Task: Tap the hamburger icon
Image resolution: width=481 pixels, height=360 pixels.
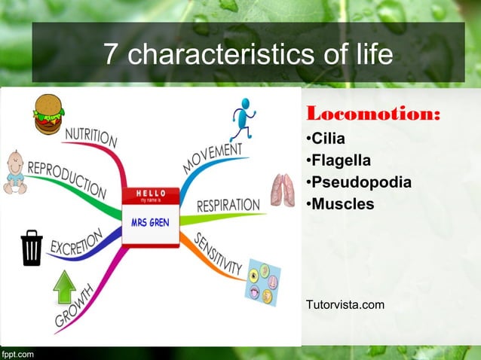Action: [49, 114]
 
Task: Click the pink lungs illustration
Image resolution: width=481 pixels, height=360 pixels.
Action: [283, 191]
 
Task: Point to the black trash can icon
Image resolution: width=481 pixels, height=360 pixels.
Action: [32, 248]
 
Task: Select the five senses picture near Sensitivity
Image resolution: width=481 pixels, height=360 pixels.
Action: [264, 282]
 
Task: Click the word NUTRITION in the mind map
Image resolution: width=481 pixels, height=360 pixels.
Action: [90, 137]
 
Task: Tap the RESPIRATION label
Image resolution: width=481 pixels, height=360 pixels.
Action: [228, 206]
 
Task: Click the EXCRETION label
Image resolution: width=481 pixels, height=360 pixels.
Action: [75, 243]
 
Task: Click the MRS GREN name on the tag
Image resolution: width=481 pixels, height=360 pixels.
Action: [150, 223]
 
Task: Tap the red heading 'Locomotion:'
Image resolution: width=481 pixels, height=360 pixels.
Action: [372, 114]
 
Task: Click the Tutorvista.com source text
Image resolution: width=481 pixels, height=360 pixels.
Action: [345, 304]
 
